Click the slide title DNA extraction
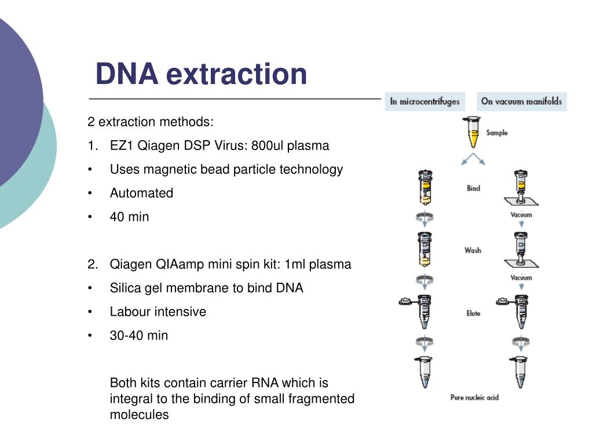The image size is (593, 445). (201, 74)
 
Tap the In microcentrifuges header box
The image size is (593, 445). (424, 101)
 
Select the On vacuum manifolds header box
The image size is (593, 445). (521, 101)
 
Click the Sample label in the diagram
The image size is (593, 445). (496, 133)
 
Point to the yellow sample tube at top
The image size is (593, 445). (473, 132)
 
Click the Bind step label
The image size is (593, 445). (473, 188)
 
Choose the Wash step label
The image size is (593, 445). (473, 250)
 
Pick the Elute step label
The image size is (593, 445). (473, 313)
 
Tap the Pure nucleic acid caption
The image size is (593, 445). (474, 397)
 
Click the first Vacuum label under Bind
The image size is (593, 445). (521, 215)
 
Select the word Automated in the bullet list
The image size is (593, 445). (141, 193)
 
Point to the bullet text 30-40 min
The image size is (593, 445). (139, 335)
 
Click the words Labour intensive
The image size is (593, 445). (158, 311)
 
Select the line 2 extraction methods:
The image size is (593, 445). (151, 122)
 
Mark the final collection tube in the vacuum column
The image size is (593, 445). (521, 373)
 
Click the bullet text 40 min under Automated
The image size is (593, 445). (129, 217)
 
